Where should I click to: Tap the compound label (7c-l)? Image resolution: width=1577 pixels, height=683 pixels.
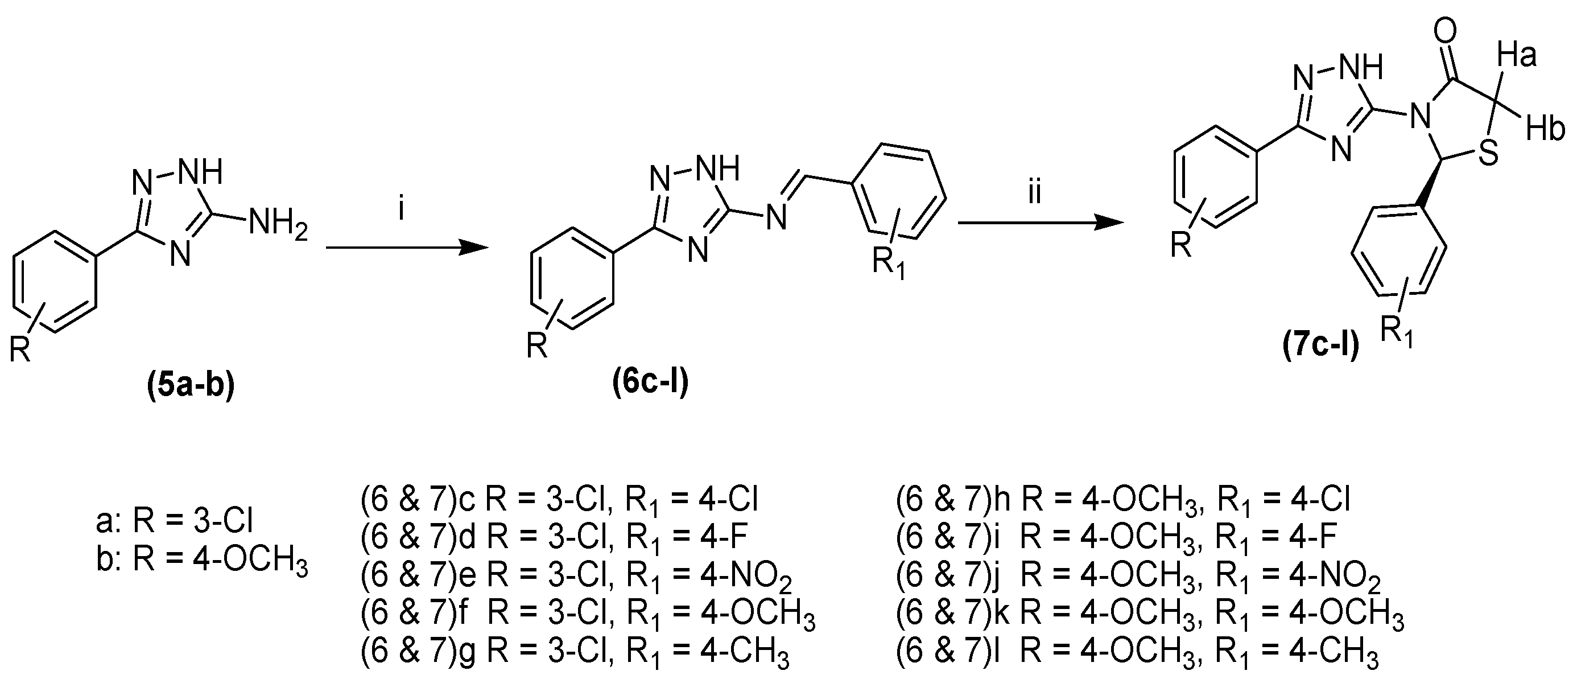click(x=1321, y=347)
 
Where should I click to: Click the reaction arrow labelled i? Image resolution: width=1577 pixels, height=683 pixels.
click(x=407, y=247)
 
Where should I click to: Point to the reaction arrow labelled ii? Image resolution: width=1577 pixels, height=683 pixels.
click(x=1041, y=224)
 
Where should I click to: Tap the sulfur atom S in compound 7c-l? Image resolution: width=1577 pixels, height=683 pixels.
click(x=1489, y=154)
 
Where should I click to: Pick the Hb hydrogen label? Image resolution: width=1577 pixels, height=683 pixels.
click(x=1545, y=130)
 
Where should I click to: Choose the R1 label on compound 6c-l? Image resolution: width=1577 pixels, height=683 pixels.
click(x=887, y=265)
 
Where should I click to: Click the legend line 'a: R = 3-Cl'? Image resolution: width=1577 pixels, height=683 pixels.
click(x=175, y=522)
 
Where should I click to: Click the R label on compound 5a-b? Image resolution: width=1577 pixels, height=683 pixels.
click(x=20, y=352)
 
